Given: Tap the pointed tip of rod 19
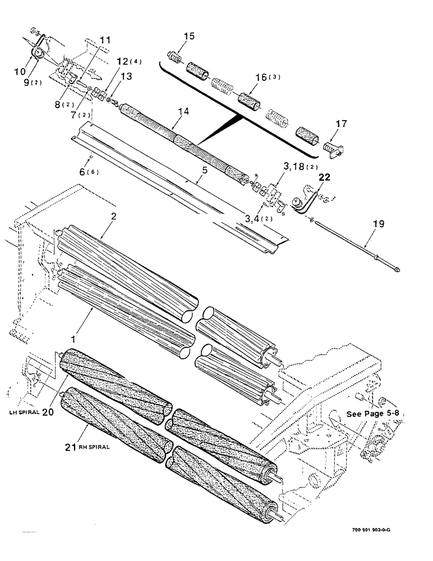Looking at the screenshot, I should pyautogui.click(x=397, y=270).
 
